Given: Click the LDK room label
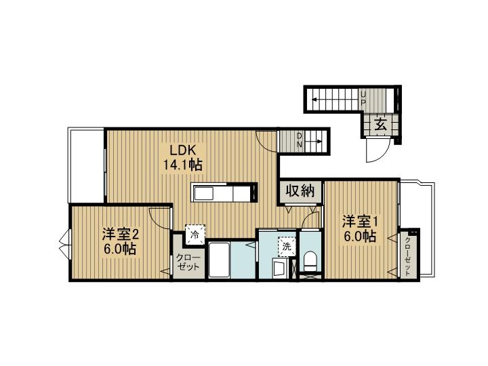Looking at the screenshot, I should click(x=182, y=150).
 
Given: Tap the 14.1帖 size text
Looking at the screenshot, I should click(x=182, y=165).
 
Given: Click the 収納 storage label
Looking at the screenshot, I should click(x=300, y=191).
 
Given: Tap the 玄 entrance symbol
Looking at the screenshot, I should click(x=382, y=125).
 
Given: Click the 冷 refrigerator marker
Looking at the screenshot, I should click(x=195, y=235).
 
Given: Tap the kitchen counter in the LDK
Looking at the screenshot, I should click(x=224, y=192).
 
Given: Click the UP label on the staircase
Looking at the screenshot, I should click(x=363, y=98).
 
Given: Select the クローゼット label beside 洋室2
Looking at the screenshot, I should click(x=188, y=262).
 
